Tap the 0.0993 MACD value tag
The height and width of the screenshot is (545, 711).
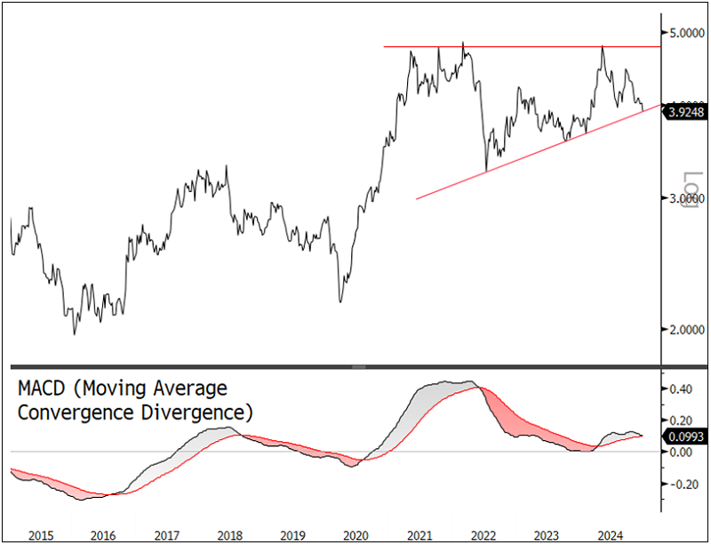[687, 436]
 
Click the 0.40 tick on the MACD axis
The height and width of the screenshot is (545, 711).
[682, 389]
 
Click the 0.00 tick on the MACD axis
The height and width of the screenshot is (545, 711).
[682, 453]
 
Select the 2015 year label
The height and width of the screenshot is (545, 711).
[41, 535]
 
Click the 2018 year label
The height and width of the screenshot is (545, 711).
[229, 535]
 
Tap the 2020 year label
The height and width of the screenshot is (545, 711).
[355, 535]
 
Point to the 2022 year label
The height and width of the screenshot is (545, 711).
[483, 535]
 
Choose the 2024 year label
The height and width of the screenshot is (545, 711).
[609, 535]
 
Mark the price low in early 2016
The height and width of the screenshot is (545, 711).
[75, 333]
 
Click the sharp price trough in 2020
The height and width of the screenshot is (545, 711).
[341, 301]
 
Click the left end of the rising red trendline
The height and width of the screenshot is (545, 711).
[417, 198]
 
